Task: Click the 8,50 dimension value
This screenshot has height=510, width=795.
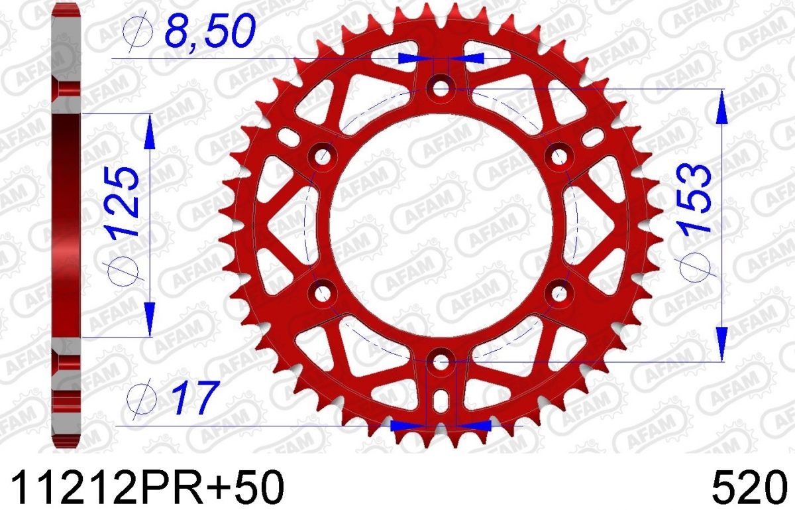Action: click(x=211, y=31)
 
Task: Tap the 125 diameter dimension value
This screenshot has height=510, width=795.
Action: click(x=123, y=202)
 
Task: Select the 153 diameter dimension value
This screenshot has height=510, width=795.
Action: click(x=694, y=197)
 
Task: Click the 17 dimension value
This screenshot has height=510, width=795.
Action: click(x=195, y=397)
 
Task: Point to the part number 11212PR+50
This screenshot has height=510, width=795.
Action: click(x=148, y=488)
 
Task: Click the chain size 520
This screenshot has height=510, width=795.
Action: click(x=749, y=488)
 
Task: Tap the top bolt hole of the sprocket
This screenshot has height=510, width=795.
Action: click(x=441, y=88)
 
